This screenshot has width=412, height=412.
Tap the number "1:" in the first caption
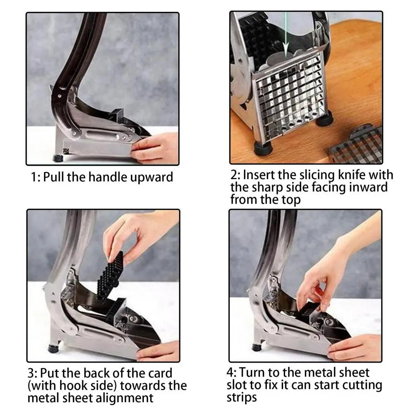pyautogui.click(x=35, y=177)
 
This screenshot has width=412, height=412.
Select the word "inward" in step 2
pyautogui.click(x=368, y=187)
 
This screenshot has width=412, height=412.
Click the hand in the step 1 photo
pyautogui.click(x=155, y=148)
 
